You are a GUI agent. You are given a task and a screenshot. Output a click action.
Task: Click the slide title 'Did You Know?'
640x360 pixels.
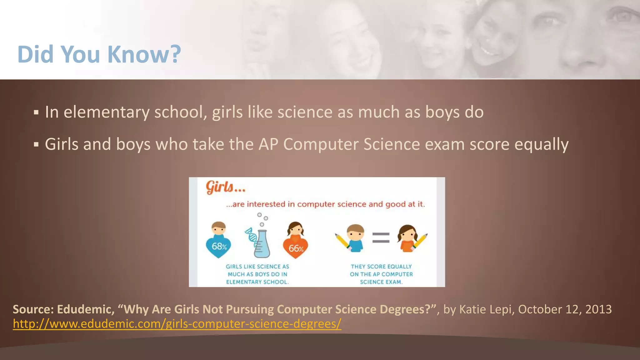99,54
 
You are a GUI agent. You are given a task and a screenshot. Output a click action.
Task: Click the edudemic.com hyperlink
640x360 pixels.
177,324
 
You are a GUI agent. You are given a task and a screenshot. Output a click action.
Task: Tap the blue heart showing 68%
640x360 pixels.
219,247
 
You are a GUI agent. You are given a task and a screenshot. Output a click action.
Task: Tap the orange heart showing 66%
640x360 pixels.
296,248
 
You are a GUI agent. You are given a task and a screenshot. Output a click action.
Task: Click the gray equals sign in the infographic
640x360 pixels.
381,238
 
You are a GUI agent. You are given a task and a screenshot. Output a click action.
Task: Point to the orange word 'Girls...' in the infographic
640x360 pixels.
225,187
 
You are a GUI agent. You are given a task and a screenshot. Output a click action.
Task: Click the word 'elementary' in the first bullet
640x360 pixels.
106,112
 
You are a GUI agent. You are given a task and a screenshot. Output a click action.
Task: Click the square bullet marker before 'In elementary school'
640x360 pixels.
36,112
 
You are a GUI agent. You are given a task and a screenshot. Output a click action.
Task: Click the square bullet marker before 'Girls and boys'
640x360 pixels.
36,145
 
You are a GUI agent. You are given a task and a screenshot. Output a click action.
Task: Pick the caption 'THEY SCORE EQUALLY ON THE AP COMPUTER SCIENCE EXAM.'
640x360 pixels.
381,274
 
